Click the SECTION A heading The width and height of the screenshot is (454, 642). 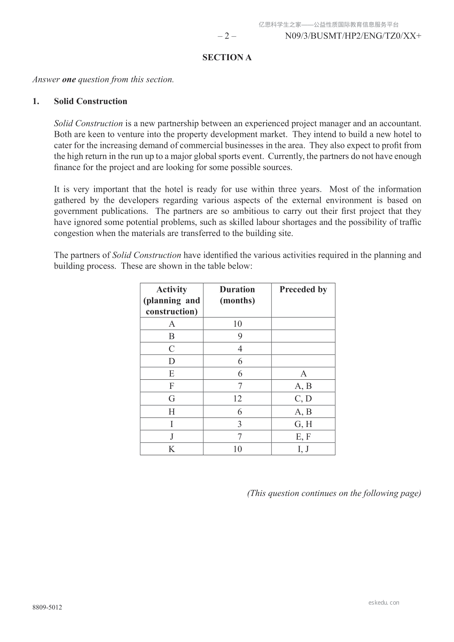click(x=227, y=58)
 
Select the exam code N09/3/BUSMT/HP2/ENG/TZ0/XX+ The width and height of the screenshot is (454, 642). click(x=353, y=36)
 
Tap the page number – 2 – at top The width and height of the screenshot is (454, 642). click(x=227, y=36)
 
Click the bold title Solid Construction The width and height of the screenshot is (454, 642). click(x=90, y=101)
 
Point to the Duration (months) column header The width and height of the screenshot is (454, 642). click(x=237, y=295)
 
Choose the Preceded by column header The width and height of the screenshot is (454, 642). click(x=303, y=290)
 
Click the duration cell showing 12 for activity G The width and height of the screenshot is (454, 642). click(x=237, y=399)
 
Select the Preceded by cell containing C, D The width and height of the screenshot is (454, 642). click(x=303, y=399)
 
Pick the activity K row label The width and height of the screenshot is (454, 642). click(x=172, y=449)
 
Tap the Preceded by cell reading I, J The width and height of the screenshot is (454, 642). click(x=303, y=449)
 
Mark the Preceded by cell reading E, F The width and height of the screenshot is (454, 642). click(x=303, y=437)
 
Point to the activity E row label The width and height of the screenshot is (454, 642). click(x=172, y=374)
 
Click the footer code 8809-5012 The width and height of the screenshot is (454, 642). click(x=47, y=608)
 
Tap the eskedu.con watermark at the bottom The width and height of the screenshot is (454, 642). click(x=384, y=603)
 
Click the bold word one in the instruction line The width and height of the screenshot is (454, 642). click(x=69, y=80)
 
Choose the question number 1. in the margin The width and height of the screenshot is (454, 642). click(x=36, y=101)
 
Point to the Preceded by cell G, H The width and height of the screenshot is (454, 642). click(x=303, y=424)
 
